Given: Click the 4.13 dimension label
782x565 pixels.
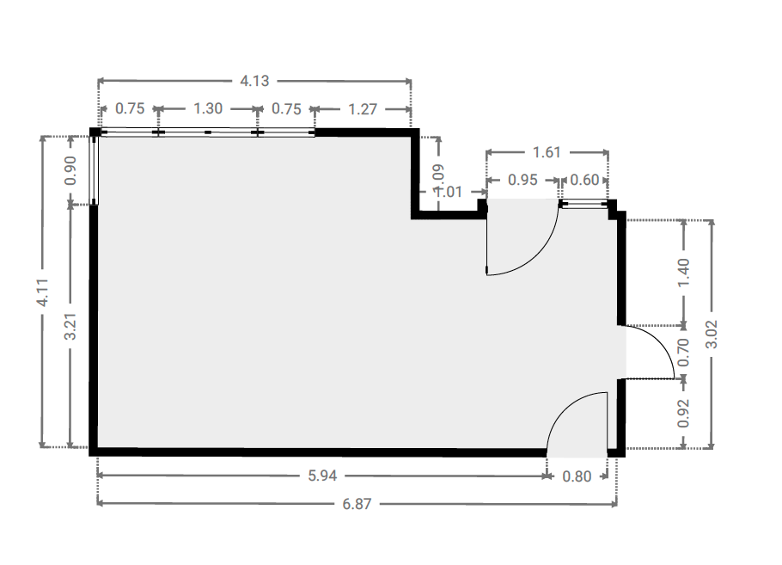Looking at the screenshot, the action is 254,81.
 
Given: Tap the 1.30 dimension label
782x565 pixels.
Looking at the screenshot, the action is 207,108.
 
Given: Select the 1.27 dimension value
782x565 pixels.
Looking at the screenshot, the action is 363,109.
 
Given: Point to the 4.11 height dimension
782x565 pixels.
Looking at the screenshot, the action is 43,292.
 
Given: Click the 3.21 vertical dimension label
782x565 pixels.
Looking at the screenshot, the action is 70,326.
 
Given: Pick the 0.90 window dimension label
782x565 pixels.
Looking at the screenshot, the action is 70,170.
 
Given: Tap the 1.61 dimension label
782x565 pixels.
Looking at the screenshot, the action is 547,152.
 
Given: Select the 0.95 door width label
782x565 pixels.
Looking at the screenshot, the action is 522,180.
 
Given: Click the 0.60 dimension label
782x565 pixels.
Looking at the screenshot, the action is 584,180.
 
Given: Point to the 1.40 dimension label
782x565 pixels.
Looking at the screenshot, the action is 684,273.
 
